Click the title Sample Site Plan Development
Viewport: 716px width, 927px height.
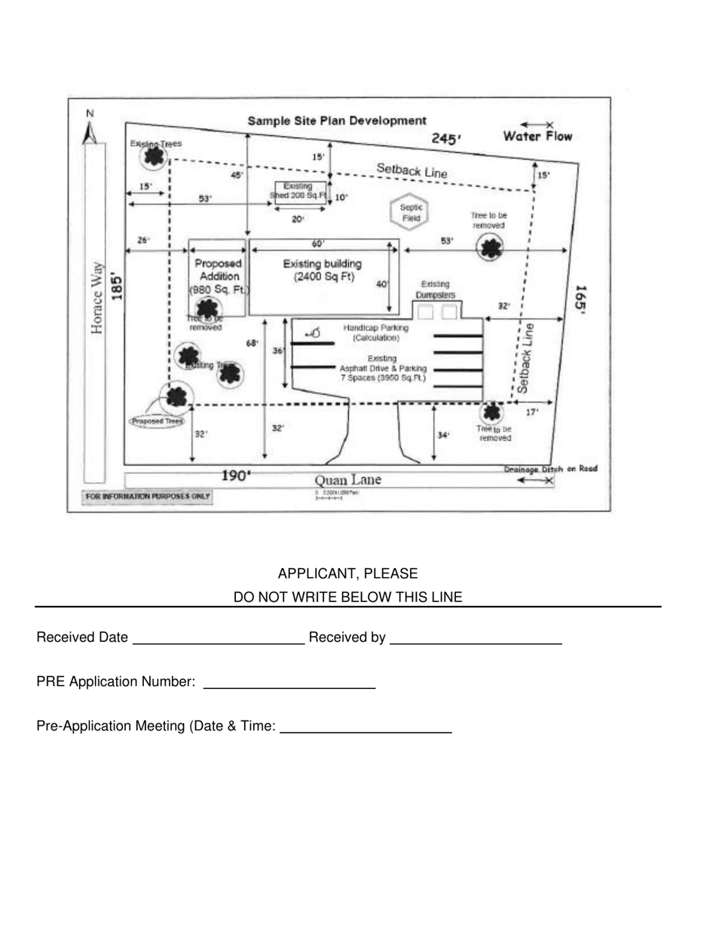coord(337,121)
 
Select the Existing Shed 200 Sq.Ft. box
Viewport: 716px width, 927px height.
coord(299,191)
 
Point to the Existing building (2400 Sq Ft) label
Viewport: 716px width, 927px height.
coord(322,270)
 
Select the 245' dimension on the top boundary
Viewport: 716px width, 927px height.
coord(446,139)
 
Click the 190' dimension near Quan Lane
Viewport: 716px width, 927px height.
coord(236,476)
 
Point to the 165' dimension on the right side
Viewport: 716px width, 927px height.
coord(580,299)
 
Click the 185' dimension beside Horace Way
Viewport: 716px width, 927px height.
coord(117,287)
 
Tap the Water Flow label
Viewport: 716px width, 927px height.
coord(537,136)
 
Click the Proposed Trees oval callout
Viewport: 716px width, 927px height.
coord(157,421)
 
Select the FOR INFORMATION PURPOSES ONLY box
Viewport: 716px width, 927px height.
coord(148,497)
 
